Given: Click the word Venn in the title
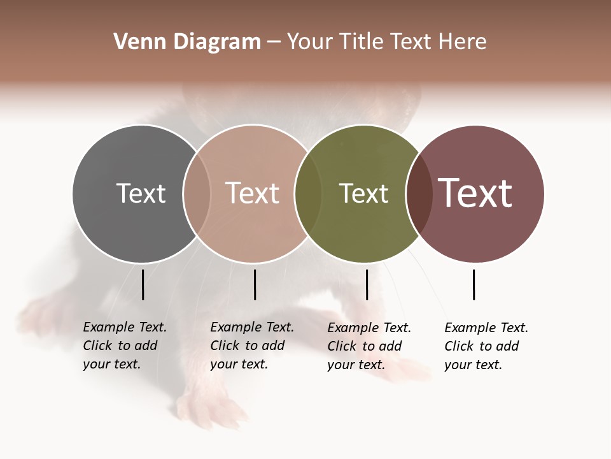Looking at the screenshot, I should (132, 42).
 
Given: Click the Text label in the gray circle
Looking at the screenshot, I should (141, 193).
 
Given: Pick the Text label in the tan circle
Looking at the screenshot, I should (252, 193).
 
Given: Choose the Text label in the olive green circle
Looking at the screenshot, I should (363, 193).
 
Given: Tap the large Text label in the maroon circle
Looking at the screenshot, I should (475, 193).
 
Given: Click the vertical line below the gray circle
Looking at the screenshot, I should (143, 284).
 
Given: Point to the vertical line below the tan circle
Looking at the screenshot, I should (255, 284).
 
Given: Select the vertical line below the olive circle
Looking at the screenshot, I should (367, 284).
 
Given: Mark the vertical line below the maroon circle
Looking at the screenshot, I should (474, 284).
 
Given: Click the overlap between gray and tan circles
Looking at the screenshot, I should (197, 193).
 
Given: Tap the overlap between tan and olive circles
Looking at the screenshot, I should (308, 193).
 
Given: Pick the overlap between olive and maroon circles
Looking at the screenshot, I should (419, 193).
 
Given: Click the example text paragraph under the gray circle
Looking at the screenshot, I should (125, 346).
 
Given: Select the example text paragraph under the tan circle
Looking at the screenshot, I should (252, 346).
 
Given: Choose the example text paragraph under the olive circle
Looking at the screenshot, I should (369, 346).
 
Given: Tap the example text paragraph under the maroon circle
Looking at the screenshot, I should (486, 346).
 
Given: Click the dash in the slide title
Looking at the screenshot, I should (274, 42).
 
